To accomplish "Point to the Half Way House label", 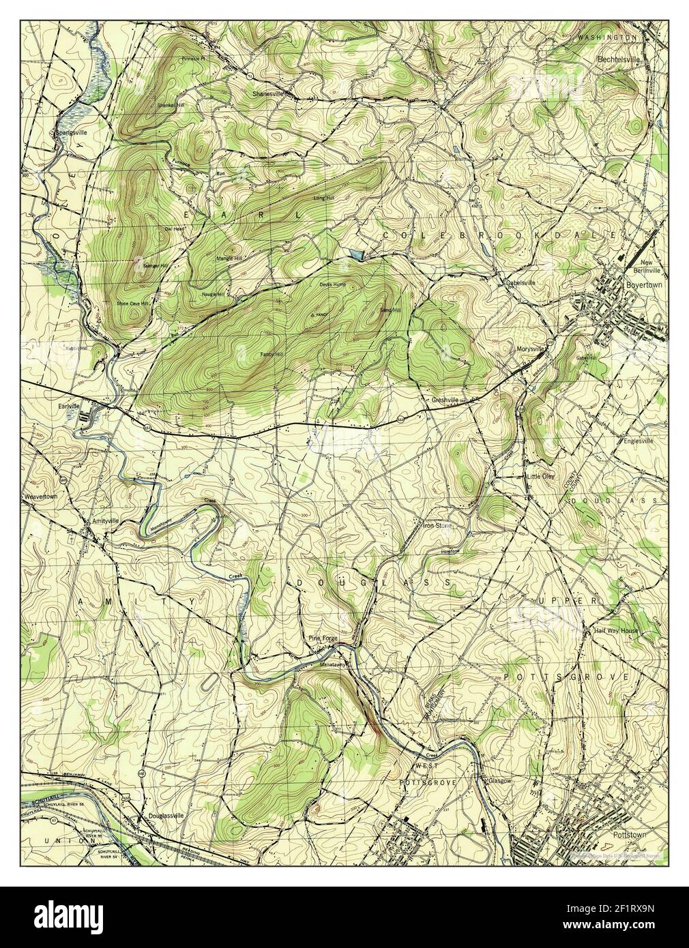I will tap(615, 631).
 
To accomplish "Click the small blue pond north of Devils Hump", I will tap(355, 254).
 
